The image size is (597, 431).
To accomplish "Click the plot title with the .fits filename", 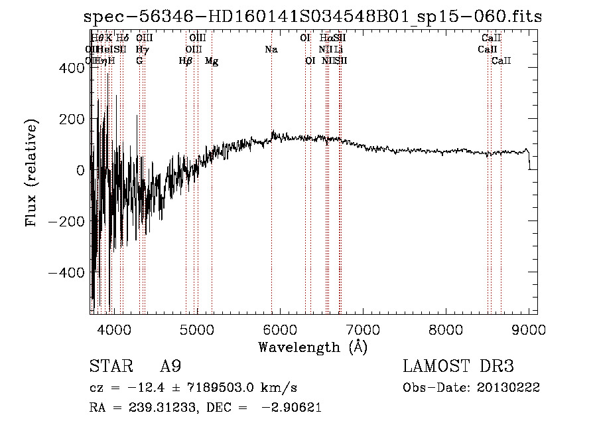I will (x=313, y=17).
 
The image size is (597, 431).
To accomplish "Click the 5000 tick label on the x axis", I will (x=196, y=329).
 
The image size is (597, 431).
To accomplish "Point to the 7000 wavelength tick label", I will (x=363, y=329).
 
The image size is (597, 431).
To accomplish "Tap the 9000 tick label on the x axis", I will (x=529, y=329).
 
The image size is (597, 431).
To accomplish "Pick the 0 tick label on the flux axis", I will (x=80, y=170).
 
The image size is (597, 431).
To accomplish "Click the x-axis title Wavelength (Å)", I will (x=312, y=347).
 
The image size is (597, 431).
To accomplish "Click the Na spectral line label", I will (x=271, y=50).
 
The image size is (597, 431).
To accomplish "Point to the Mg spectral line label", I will (x=212, y=61).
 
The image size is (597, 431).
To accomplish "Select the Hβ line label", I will (x=186, y=61).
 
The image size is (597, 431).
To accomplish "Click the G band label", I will (x=139, y=61).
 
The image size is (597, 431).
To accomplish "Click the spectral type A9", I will (x=170, y=367).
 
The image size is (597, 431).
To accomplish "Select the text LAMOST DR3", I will (x=458, y=367).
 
